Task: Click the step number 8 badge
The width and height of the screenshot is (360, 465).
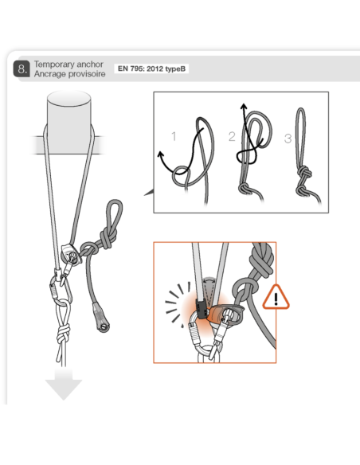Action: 22,69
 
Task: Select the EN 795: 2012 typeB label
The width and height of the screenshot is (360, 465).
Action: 151,69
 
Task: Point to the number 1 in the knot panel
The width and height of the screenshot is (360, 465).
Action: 174,136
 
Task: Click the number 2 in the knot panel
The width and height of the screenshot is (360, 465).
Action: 232,136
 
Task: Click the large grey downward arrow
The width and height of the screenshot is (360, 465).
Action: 63,385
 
